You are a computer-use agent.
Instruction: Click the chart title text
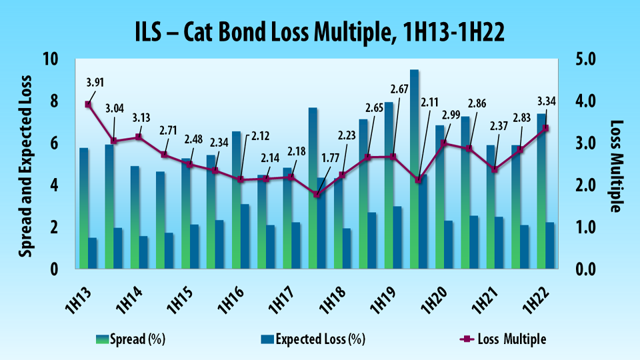pyautogui.click(x=319, y=31)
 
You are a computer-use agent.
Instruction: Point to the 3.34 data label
pyautogui.click(x=546, y=102)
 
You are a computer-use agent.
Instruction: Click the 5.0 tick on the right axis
pyautogui.click(x=587, y=60)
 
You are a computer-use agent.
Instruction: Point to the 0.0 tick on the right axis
pyautogui.click(x=587, y=269)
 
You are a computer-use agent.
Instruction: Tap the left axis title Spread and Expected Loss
pyautogui.click(x=25, y=164)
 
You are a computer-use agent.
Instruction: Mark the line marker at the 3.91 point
pyautogui.click(x=88, y=105)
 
